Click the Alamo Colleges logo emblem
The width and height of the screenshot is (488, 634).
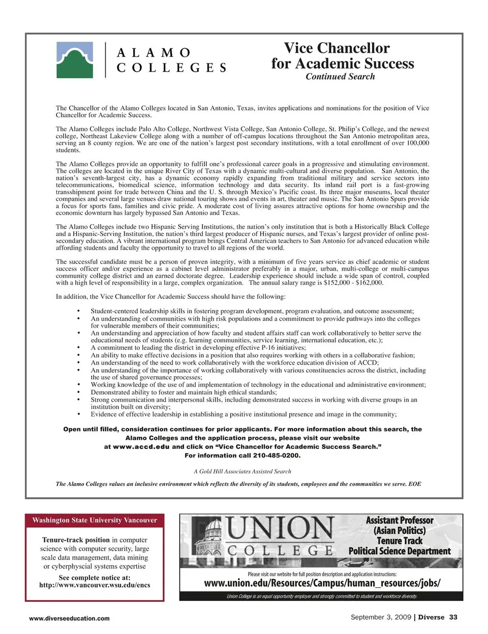pyautogui.click(x=74, y=59)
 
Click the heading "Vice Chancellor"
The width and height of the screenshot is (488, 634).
pyautogui.click(x=337, y=48)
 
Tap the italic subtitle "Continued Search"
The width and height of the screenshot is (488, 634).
pyautogui.click(x=340, y=77)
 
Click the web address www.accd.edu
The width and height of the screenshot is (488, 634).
pyautogui.click(x=141, y=447)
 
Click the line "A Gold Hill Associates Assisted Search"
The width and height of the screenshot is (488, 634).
pyautogui.click(x=242, y=471)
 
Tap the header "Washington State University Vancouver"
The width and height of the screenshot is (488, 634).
pyautogui.click(x=95, y=520)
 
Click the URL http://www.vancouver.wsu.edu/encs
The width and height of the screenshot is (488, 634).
pyautogui.click(x=95, y=585)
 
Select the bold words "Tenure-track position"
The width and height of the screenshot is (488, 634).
pyautogui.click(x=76, y=540)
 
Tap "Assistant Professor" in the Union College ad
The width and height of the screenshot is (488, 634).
pyautogui.click(x=400, y=521)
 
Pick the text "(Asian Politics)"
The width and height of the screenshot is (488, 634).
pyautogui.click(x=400, y=531)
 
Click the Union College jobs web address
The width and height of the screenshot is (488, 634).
pyautogui.click(x=322, y=583)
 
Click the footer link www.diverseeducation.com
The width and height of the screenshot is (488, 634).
pyautogui.click(x=69, y=618)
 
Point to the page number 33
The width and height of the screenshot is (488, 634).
pyautogui.click(x=453, y=617)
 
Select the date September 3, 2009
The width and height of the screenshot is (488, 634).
pyautogui.click(x=381, y=617)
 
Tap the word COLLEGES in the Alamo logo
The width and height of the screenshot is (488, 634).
pyautogui.click(x=171, y=68)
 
